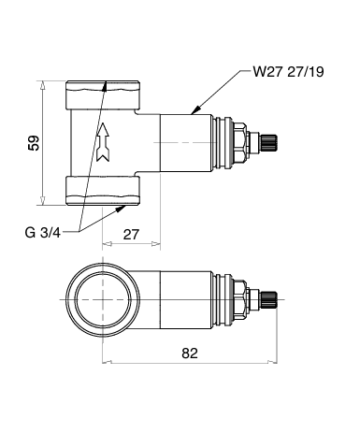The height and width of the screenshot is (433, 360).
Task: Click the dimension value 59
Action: coord(34,143)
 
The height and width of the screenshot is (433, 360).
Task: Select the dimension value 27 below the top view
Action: coord(131,234)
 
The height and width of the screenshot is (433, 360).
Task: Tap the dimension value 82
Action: coord(190,354)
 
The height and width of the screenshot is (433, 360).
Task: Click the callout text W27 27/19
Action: coord(288,72)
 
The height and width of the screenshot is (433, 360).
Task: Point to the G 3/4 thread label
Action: coord(42,232)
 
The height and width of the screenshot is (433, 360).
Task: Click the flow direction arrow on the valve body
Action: coord(103,142)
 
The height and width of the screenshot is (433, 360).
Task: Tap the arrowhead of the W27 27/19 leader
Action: coord(195,110)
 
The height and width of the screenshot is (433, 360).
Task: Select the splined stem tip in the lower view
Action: coord(268,299)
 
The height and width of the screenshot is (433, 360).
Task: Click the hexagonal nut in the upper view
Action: coord(239,143)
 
